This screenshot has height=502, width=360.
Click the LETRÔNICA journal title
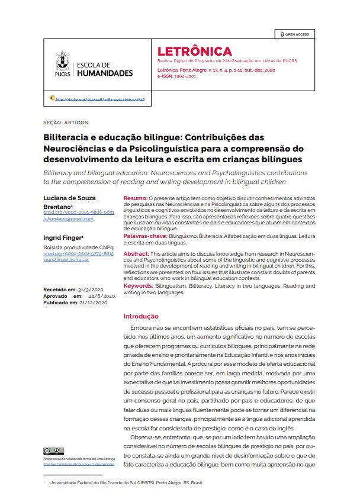tap(194, 52)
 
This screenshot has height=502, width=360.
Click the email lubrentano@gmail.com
tap(68, 218)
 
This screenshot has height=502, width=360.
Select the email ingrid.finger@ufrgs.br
tap(66, 260)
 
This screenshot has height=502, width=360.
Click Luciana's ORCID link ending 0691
tap(79, 212)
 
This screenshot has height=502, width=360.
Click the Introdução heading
tap(140, 316)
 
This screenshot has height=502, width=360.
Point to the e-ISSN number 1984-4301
tap(189, 76)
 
